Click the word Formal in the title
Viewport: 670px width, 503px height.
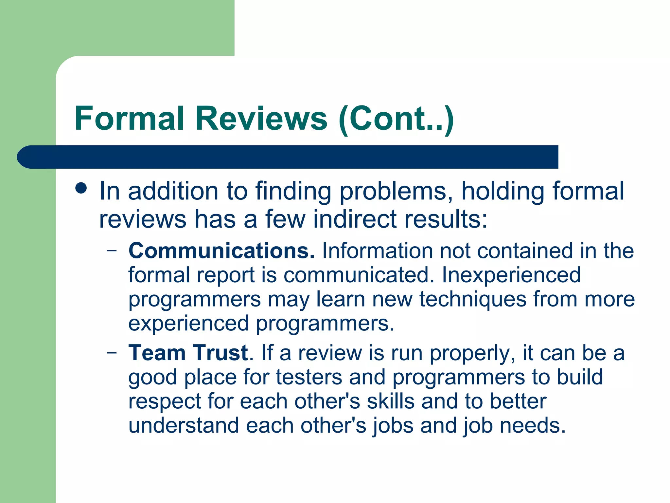(x=129, y=119)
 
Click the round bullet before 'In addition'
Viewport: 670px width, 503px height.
(x=81, y=188)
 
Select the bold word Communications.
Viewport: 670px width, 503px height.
(x=221, y=251)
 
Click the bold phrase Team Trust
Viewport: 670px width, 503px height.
(x=188, y=353)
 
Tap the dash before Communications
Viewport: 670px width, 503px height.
(x=112, y=251)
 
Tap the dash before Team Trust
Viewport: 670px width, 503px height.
(x=112, y=353)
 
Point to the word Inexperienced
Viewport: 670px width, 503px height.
(x=511, y=275)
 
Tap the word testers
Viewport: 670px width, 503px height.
(x=309, y=377)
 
